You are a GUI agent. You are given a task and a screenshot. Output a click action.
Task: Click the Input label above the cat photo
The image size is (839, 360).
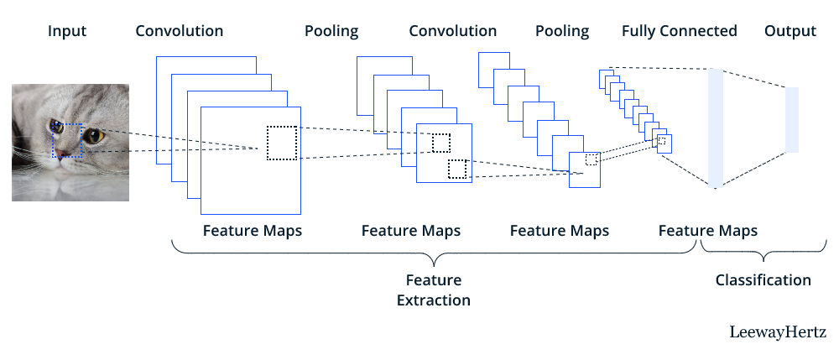(x=66, y=32)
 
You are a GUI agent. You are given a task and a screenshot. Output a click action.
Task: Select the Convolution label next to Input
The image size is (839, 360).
(x=180, y=32)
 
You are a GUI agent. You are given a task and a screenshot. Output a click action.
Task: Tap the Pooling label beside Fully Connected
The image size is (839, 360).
(x=562, y=32)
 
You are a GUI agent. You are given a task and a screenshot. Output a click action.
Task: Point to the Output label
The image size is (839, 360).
(x=790, y=32)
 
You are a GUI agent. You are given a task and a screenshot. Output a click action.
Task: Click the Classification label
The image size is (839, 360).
(x=763, y=280)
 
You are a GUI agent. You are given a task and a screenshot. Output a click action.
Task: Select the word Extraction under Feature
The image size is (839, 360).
(x=433, y=300)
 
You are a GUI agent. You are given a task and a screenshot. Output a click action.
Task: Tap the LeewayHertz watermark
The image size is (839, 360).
(x=778, y=332)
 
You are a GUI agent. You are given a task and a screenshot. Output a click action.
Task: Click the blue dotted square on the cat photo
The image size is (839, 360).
(x=66, y=140)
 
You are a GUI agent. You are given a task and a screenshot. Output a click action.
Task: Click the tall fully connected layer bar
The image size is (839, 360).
(x=716, y=128)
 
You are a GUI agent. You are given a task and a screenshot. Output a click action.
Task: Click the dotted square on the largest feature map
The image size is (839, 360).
(x=282, y=143)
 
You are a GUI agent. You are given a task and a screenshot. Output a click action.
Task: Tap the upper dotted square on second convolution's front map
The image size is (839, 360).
(x=441, y=143)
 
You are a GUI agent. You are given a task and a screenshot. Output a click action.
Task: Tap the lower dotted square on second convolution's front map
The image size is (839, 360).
(x=456, y=169)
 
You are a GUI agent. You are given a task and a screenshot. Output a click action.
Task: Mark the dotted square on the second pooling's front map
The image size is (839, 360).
(x=591, y=159)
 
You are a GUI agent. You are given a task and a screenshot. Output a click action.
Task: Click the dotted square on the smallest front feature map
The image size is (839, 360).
(x=661, y=142)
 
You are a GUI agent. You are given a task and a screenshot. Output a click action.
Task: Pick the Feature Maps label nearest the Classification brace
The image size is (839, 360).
(x=707, y=230)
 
